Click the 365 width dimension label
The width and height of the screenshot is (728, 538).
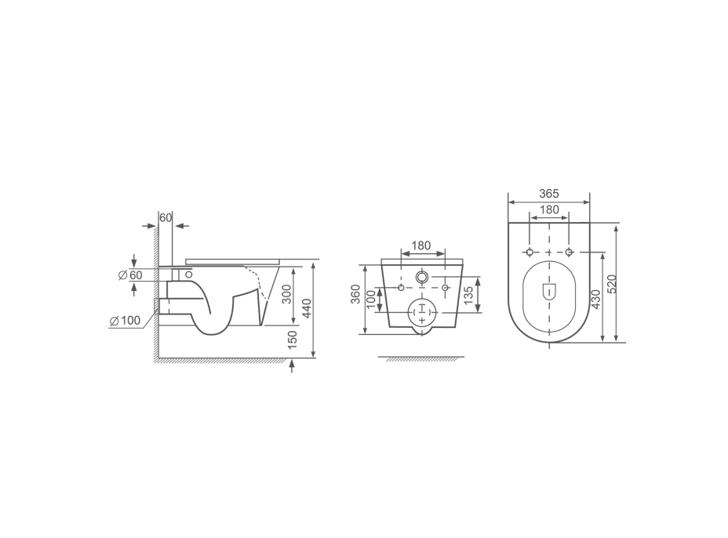pos(549,193)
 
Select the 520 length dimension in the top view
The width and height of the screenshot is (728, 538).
pos(611,284)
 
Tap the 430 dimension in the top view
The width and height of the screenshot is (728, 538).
pos(596,299)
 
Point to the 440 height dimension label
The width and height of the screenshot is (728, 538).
pos(307,308)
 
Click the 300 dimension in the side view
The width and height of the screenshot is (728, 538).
pos(287,294)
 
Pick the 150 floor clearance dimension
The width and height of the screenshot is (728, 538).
pos(292,340)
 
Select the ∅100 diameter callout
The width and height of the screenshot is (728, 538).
pos(126,320)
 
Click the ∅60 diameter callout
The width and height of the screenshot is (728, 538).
pos(130,274)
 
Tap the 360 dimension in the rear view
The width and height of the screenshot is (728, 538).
pos(355,294)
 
